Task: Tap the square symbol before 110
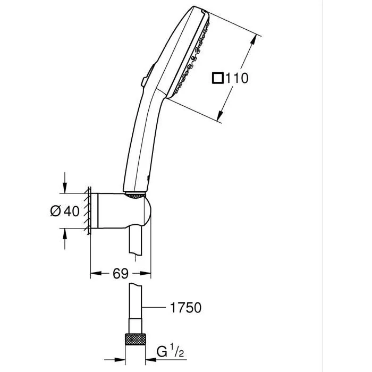pyautogui.click(x=218, y=78)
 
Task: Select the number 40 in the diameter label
pyautogui.click(x=72, y=211)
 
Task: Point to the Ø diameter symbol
pyautogui.click(x=55, y=211)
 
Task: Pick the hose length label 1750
pyautogui.click(x=186, y=307)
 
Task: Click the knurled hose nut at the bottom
pyautogui.click(x=135, y=340)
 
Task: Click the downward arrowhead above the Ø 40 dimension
pyautogui.click(x=65, y=188)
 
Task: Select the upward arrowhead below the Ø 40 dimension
pyautogui.click(x=65, y=234)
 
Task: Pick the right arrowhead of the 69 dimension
pyautogui.click(x=148, y=274)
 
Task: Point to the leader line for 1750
pyautogui.click(x=154, y=307)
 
